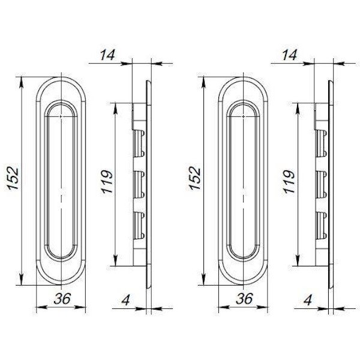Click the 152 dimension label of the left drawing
click(x=13, y=178)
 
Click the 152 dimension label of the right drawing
click(x=195, y=179)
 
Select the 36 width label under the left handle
click(x=62, y=298)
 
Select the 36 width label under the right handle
click(x=245, y=298)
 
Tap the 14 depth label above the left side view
click(x=107, y=55)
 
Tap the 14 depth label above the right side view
click(x=290, y=55)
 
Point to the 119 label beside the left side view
click(x=107, y=182)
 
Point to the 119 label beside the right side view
click(x=289, y=182)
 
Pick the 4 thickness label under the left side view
click(x=125, y=299)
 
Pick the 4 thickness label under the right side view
click(x=308, y=299)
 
